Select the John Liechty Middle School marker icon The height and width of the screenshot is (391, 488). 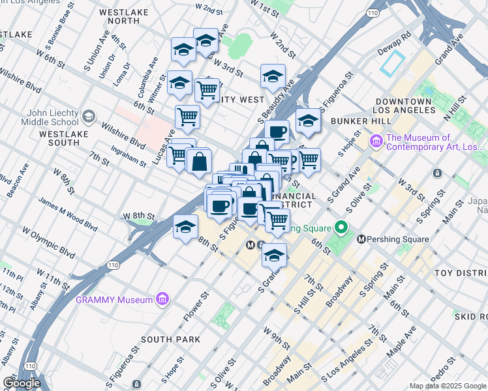point(89,117)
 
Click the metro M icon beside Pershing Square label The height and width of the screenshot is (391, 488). point(362,239)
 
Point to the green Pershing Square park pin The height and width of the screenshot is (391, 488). point(340,228)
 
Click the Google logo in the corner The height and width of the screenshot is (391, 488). point(22,383)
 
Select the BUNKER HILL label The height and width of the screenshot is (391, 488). point(360,122)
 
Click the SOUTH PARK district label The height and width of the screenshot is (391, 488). point(170,340)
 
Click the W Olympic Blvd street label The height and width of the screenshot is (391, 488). point(49,241)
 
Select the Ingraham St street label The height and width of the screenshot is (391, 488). point(129,157)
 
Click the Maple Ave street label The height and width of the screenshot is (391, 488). point(401,345)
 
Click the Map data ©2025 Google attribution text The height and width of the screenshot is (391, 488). point(448,386)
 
